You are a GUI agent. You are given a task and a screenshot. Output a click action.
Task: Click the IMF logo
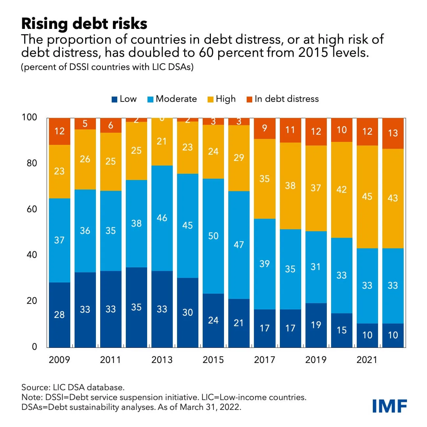click(390, 406)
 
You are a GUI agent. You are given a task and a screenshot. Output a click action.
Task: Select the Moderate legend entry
click(172, 99)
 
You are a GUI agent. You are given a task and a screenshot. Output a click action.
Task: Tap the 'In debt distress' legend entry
click(282, 99)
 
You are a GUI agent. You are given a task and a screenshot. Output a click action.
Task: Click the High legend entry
click(222, 99)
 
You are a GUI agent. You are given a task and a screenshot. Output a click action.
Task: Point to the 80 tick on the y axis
click(32, 163)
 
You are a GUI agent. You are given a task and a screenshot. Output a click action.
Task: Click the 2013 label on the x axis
click(162, 360)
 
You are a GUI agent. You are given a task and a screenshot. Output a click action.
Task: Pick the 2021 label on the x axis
click(367, 360)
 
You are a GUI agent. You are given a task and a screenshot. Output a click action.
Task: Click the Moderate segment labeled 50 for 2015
click(213, 236)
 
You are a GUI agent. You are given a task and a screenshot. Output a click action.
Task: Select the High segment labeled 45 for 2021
click(367, 196)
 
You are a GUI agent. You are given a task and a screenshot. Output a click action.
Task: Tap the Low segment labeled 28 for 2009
click(59, 315)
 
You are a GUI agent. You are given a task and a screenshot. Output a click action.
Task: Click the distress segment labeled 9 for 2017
click(264, 128)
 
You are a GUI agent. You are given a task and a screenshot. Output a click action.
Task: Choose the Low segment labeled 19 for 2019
click(316, 325)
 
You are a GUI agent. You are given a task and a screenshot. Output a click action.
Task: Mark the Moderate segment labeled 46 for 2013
click(162, 218)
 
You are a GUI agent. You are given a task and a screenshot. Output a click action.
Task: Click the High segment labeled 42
click(341, 190)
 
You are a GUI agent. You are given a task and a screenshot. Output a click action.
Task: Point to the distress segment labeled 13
click(393, 133)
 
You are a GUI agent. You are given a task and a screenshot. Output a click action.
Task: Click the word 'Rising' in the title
click(45, 24)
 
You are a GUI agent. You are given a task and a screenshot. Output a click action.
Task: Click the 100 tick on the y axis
click(30, 117)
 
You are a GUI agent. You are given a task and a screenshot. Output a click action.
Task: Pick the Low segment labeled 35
click(136, 307)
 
